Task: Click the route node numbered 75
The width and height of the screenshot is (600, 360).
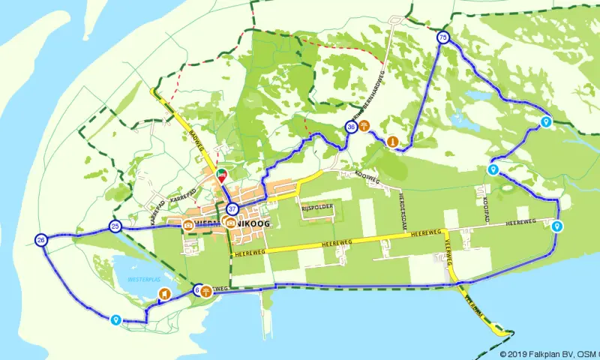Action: tap(443, 37)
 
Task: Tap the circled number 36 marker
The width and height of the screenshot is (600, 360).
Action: tap(351, 127)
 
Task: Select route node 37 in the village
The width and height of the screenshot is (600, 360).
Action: tap(232, 208)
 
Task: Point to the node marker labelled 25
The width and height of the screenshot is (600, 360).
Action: tap(115, 226)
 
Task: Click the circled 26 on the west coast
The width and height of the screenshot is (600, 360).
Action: tap(41, 240)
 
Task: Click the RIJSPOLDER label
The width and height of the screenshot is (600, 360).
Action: tap(317, 206)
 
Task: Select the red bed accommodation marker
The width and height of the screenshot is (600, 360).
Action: tap(221, 176)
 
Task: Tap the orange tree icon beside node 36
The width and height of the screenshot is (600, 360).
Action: tap(364, 125)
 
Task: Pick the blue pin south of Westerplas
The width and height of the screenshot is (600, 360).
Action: tap(115, 320)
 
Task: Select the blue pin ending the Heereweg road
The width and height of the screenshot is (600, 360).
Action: tap(556, 226)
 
